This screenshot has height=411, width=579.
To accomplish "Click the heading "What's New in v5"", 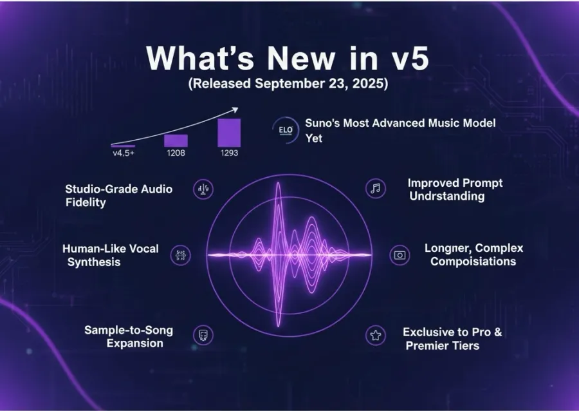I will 287,59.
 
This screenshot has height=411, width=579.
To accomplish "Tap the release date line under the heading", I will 287,84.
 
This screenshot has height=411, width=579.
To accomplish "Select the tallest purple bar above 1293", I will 229,133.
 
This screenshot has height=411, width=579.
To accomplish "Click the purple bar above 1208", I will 176,140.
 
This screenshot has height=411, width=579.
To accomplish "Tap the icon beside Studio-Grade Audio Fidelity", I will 204,189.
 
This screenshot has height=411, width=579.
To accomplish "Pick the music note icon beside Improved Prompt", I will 376,188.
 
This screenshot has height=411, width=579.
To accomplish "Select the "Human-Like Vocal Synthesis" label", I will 110,255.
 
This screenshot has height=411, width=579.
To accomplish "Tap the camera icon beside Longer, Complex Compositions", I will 400,255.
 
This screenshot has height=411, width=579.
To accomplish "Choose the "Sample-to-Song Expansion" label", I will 128,336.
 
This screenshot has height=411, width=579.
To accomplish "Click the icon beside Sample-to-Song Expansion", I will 204,335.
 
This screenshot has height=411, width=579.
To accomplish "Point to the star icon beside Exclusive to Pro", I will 375,335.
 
